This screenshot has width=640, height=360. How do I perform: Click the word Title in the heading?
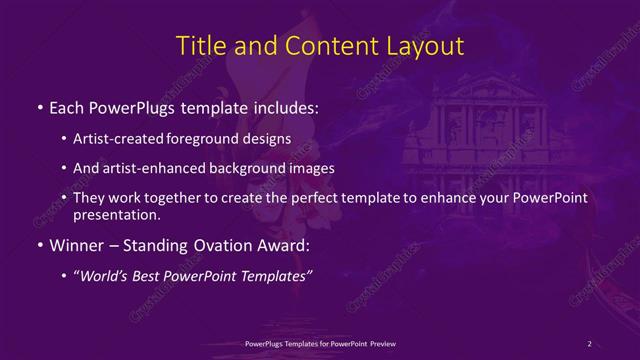click(x=198, y=46)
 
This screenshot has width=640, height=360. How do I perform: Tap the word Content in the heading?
click(x=322, y=46)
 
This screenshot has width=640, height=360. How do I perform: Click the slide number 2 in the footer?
click(x=590, y=344)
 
